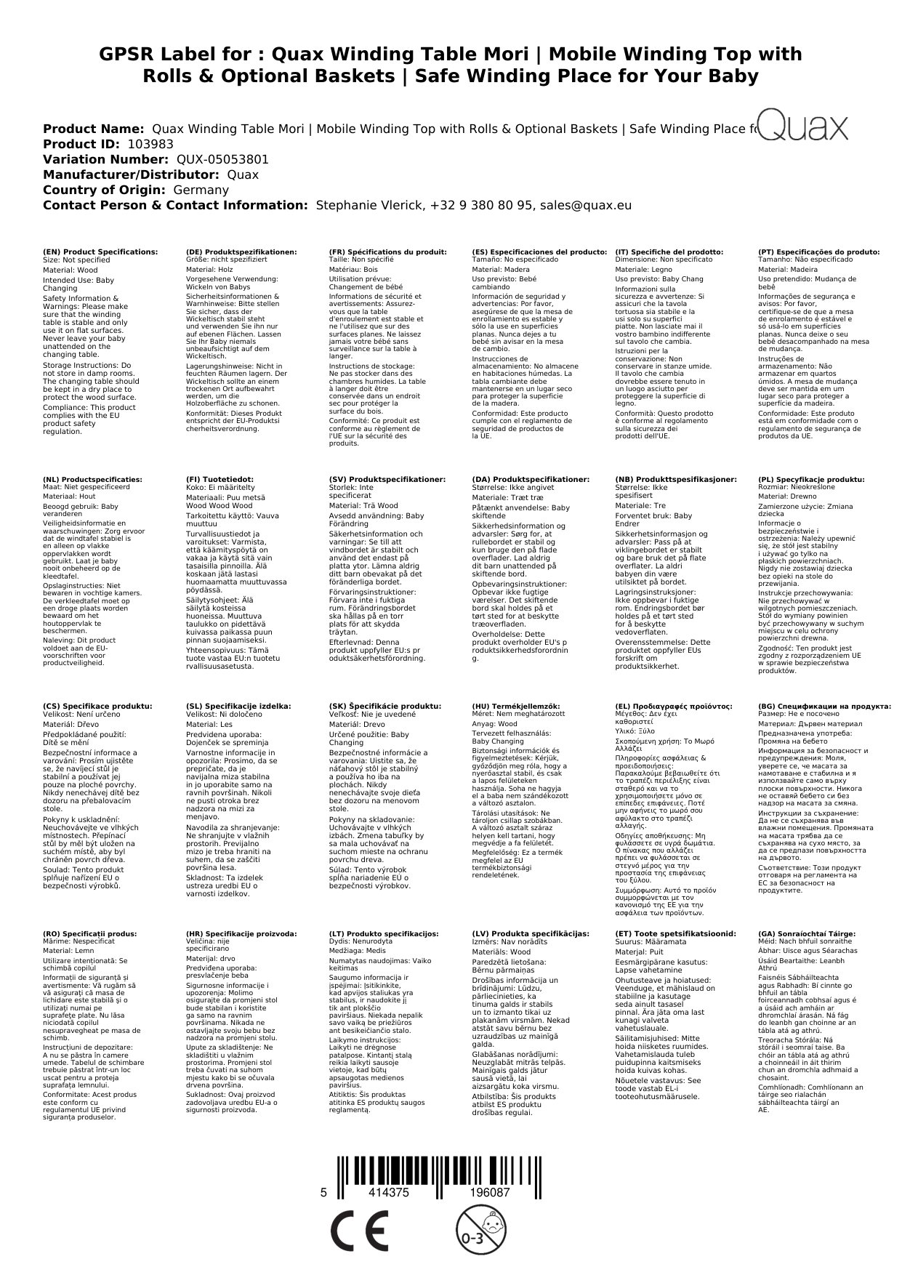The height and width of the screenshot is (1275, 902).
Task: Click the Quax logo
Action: (x=802, y=126)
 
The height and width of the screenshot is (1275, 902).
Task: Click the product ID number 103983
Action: (x=150, y=144)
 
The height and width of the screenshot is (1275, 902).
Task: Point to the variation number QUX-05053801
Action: (x=222, y=159)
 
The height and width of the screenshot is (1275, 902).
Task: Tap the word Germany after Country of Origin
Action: (x=201, y=190)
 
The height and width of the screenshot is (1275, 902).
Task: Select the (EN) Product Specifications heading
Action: (x=100, y=252)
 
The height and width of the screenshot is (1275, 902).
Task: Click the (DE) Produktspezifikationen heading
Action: (x=241, y=252)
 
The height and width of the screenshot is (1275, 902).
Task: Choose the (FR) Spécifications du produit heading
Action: (x=387, y=252)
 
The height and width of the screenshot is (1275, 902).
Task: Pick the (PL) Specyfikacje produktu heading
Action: (x=811, y=480)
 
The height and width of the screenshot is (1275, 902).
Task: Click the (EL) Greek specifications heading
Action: (x=674, y=706)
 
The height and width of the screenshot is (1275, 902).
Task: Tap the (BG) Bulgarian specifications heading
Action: (x=824, y=706)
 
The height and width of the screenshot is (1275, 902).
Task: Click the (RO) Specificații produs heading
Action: (x=89, y=933)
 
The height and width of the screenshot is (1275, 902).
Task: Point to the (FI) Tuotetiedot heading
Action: (x=220, y=480)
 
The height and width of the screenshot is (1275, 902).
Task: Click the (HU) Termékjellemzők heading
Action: (x=516, y=706)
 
